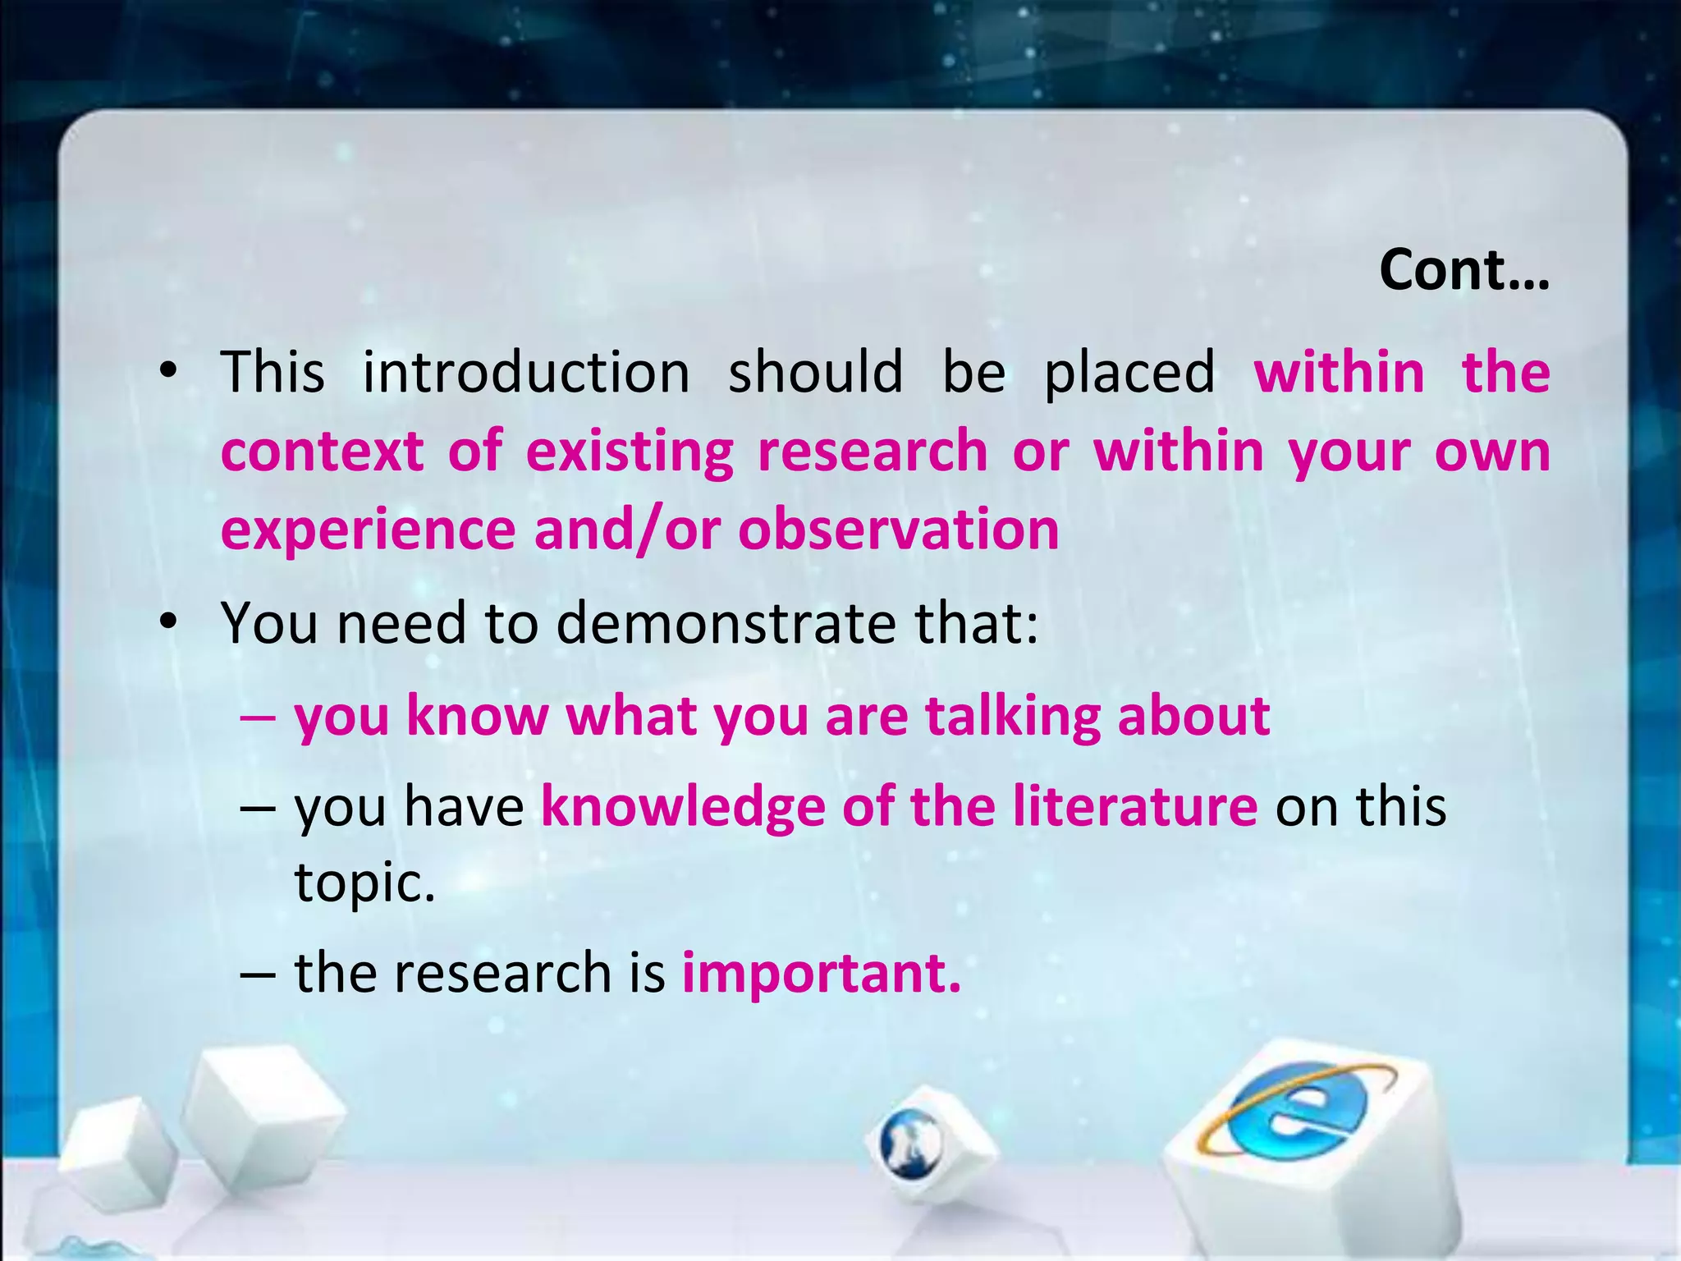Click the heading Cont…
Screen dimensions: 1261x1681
1463,270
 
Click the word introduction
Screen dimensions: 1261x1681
526,372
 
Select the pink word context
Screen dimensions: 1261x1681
322,452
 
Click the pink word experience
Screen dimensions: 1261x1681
367,530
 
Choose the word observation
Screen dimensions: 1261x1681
898,529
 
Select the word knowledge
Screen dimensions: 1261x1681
683,807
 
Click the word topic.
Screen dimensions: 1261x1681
364,883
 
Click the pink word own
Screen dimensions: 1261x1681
1491,452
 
